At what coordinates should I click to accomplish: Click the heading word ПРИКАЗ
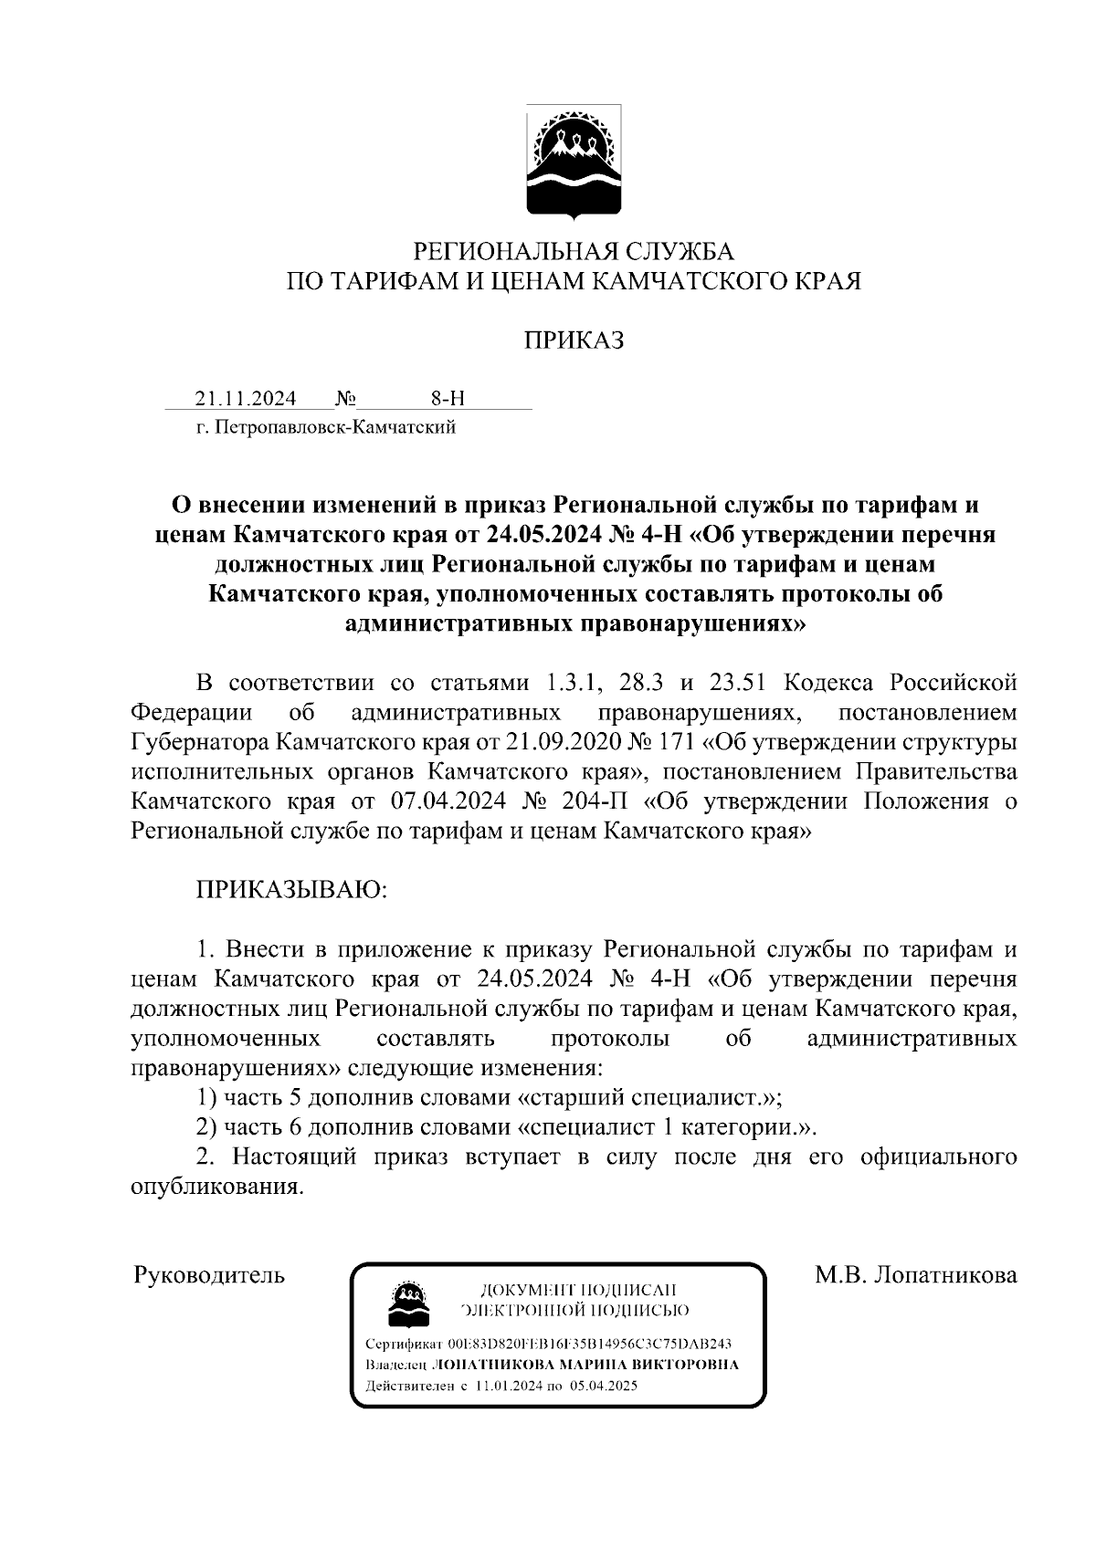[574, 340]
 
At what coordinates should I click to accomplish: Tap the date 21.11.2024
[245, 399]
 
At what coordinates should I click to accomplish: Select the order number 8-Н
[448, 399]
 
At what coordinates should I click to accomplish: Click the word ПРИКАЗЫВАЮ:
[291, 890]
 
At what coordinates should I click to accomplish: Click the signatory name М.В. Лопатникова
[915, 1275]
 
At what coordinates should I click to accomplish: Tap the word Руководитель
[209, 1275]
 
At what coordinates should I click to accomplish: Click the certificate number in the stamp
[589, 1345]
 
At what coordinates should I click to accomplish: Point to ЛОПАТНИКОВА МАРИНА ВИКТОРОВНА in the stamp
[585, 1366]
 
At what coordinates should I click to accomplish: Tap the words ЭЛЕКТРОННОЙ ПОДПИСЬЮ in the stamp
[576, 1311]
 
